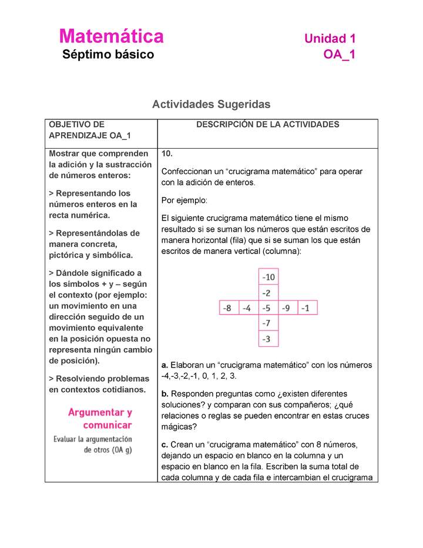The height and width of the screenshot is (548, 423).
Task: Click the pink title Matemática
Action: pyautogui.click(x=111, y=36)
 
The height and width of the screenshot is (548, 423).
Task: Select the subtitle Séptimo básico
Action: pyautogui.click(x=108, y=55)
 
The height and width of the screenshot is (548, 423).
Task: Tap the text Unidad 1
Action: pyautogui.click(x=330, y=39)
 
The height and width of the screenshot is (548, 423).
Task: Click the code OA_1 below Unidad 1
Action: pyautogui.click(x=339, y=55)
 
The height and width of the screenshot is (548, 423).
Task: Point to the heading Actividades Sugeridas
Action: pyautogui.click(x=211, y=104)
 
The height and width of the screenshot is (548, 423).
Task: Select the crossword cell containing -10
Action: pyautogui.click(x=268, y=276)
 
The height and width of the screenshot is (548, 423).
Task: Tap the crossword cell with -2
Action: pyautogui.click(x=268, y=292)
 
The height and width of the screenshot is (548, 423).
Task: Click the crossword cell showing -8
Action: pyautogui.click(x=229, y=308)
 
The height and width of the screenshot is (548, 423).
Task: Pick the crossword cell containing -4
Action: pyautogui.click(x=248, y=308)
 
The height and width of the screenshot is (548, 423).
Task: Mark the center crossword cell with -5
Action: pyautogui.click(x=268, y=308)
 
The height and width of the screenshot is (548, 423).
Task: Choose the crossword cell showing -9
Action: pyautogui.click(x=287, y=308)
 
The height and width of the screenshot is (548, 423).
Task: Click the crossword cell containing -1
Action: pyautogui.click(x=307, y=308)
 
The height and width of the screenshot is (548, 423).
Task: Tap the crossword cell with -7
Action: pyautogui.click(x=268, y=323)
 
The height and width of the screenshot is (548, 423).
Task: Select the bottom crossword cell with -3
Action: pyautogui.click(x=268, y=339)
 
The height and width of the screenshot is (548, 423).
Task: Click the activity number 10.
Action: pyautogui.click(x=167, y=153)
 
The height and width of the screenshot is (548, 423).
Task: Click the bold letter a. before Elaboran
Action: pyautogui.click(x=164, y=365)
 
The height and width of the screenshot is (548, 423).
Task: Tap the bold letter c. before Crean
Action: pyautogui.click(x=164, y=444)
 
